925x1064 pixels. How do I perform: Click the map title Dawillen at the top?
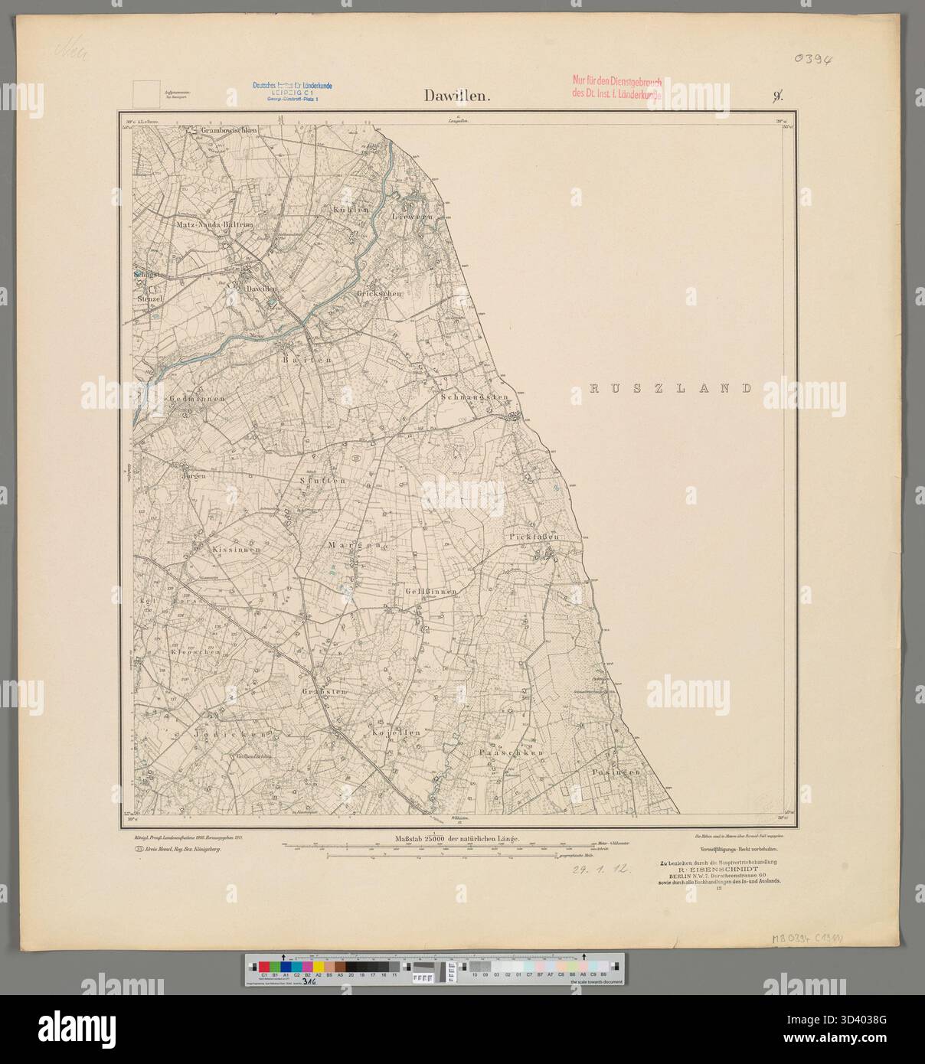tap(458, 96)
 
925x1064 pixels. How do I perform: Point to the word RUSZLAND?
tap(671, 389)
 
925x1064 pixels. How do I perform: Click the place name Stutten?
tap(322, 481)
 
